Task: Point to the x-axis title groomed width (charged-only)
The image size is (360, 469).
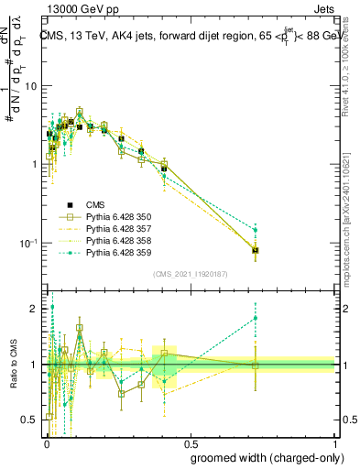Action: click(274, 456)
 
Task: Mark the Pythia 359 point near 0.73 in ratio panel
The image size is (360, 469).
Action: click(256, 318)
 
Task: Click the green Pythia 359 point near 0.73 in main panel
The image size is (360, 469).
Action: click(256, 230)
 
